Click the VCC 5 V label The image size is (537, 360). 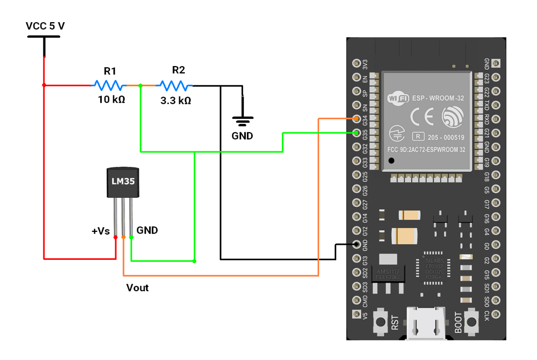[x=45, y=26]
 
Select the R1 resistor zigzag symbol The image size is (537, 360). [x=109, y=85]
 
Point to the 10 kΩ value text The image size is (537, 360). [x=111, y=99]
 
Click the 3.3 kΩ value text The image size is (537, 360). [x=176, y=100]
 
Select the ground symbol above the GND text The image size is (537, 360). [x=242, y=122]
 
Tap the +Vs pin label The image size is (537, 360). [x=101, y=231]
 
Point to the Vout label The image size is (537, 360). [x=137, y=288]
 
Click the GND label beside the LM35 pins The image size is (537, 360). [x=147, y=230]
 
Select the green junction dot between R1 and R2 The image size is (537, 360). [x=140, y=86]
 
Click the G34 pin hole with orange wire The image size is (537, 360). [x=356, y=119]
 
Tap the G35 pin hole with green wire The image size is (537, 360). [x=356, y=133]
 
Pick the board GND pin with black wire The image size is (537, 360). [x=356, y=244]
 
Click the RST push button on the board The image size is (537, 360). [x=381, y=322]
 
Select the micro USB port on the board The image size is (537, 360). [x=426, y=324]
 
